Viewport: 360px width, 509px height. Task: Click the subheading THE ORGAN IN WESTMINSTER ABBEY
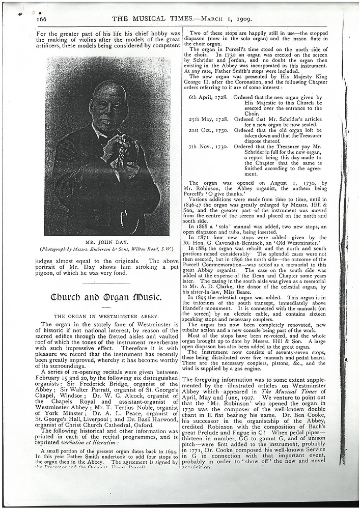[x=107, y=316]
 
